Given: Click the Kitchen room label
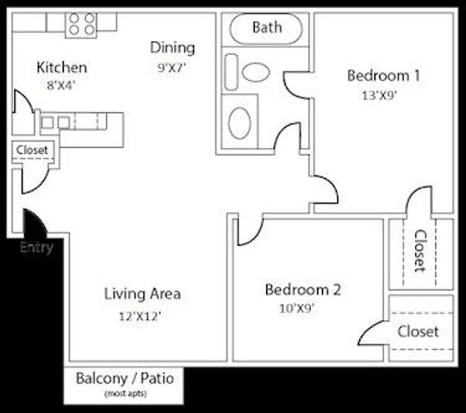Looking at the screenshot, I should point(61,67).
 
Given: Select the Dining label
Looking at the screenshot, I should point(172,47).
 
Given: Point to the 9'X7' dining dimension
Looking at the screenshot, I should point(172,65).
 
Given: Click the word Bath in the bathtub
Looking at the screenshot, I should point(267,28).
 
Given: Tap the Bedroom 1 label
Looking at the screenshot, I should point(383,76).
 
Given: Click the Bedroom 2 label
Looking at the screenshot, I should point(302,289).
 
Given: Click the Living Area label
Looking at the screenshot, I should point(144,294).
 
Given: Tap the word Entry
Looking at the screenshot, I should point(36,248).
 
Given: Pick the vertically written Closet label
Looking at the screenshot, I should point(420,251).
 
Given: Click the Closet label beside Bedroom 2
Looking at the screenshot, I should point(418,331).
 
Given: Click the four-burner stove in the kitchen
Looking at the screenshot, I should point(82,23).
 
